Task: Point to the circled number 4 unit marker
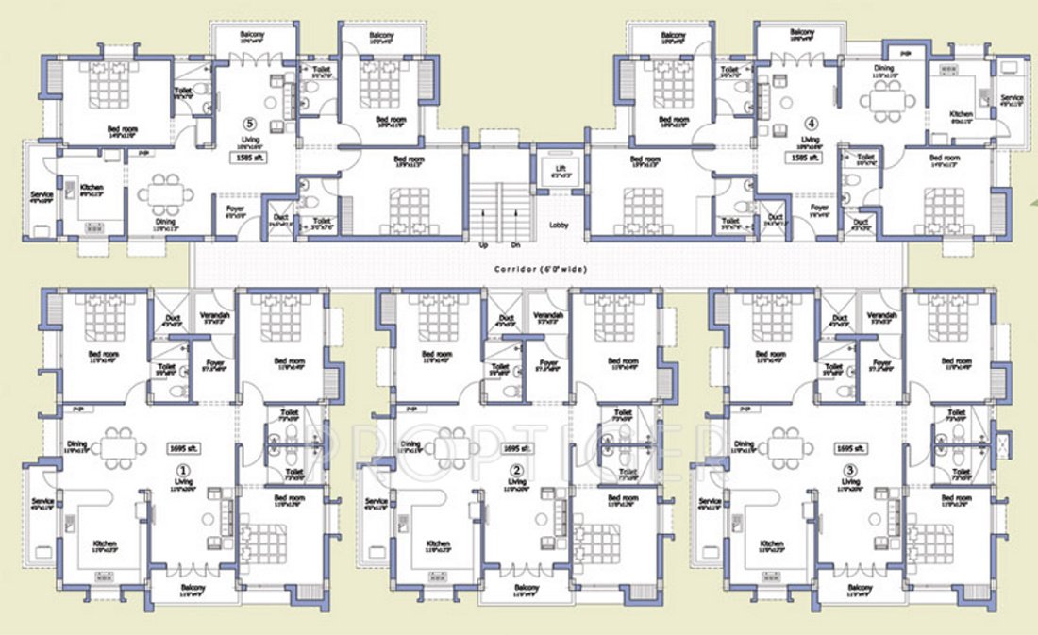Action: (811, 122)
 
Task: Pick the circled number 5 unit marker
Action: (249, 123)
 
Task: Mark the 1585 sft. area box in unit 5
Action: (253, 159)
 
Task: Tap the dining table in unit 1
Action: (119, 447)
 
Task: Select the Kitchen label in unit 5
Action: (92, 187)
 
